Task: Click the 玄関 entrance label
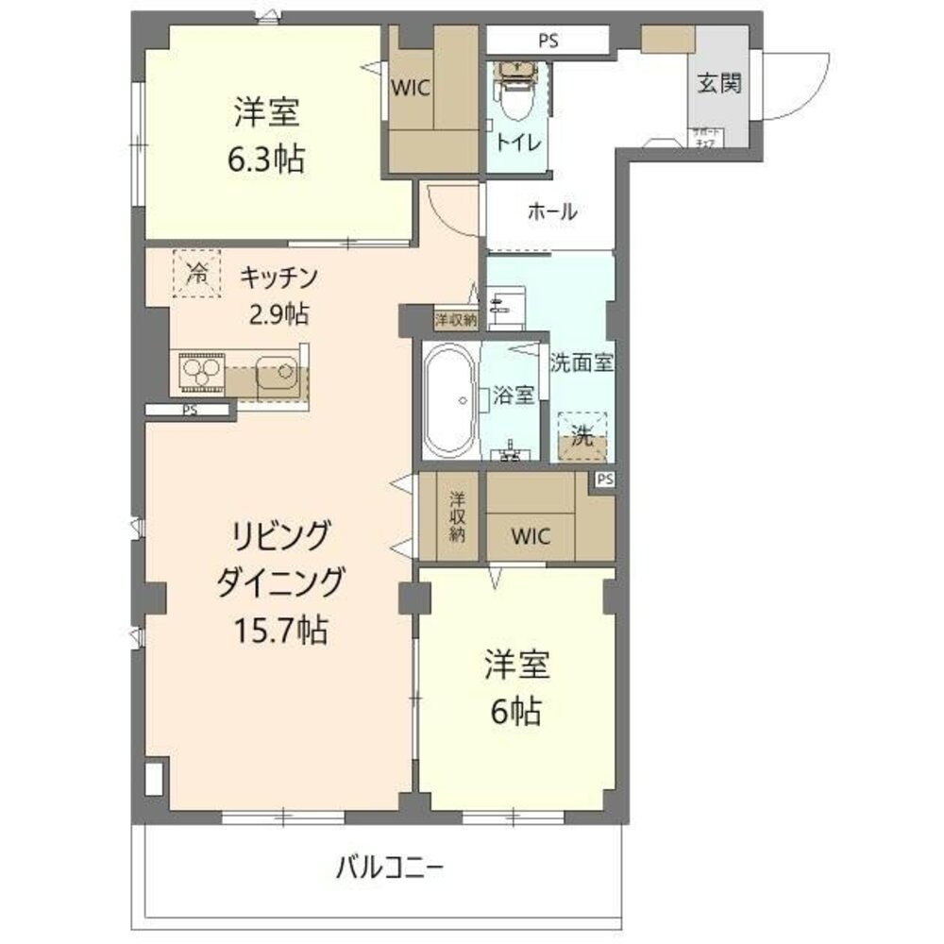pyautogui.click(x=719, y=83)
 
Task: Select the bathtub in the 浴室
pyautogui.click(x=450, y=399)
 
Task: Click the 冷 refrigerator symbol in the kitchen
pyautogui.click(x=197, y=274)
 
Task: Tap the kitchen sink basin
pyautogui.click(x=277, y=374)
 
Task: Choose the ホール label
pyautogui.click(x=551, y=212)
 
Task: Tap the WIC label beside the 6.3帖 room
pyautogui.click(x=411, y=88)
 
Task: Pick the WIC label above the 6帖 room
pyautogui.click(x=530, y=535)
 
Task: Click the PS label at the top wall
pyautogui.click(x=548, y=41)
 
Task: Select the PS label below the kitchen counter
pyautogui.click(x=190, y=411)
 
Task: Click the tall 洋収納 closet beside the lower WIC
pyautogui.click(x=456, y=517)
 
